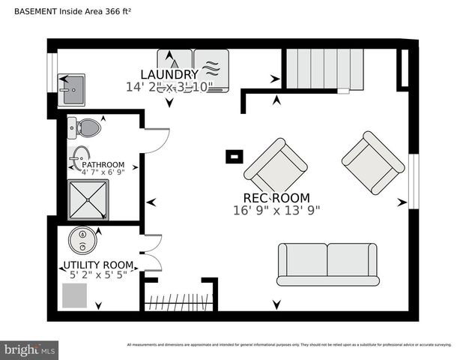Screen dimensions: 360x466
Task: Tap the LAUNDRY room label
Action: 169,74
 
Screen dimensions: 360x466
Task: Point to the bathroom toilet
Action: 85,128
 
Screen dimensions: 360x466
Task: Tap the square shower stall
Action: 88,199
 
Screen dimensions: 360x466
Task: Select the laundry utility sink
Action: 73,88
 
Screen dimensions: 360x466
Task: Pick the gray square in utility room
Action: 75,295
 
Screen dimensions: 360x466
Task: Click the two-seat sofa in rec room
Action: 327,264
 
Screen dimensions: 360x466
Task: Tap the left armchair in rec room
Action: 275,166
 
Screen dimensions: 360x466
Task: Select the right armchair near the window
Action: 373,162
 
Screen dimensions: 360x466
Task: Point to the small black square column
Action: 234,157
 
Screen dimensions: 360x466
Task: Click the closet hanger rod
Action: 178,303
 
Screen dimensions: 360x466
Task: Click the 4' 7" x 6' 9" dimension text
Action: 103,172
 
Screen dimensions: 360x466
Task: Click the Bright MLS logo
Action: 29,349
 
